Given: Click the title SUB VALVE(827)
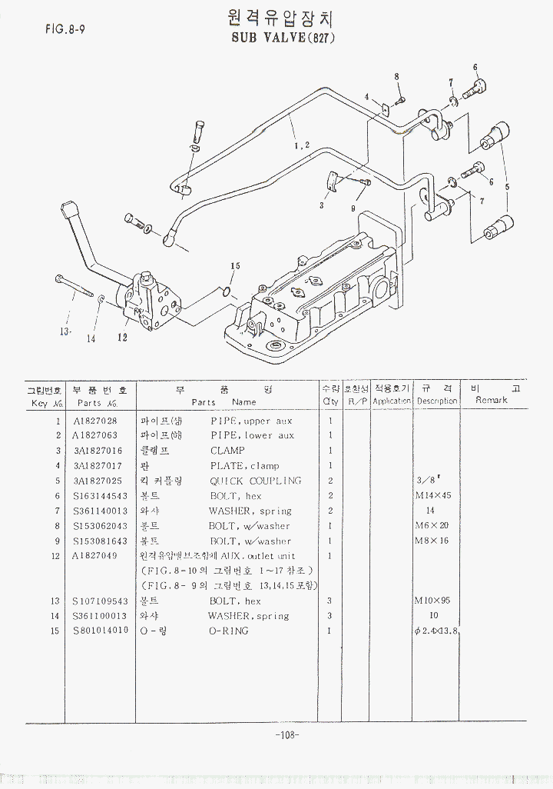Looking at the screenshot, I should point(283,36).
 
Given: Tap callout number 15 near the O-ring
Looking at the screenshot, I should point(235,266).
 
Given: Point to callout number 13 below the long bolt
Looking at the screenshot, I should point(66,331).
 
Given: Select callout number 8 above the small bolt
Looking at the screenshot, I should point(396,76).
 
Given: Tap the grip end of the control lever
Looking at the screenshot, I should point(69,208).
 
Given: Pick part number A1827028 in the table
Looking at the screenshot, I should point(95,421).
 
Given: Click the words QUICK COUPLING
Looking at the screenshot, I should point(256,481).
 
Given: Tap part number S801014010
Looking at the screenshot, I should point(101,631).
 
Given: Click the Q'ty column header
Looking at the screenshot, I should point(330,394).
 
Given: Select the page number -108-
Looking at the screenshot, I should point(286,735).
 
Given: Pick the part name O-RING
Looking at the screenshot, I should point(228,631).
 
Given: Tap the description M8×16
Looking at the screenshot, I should point(433,541).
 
